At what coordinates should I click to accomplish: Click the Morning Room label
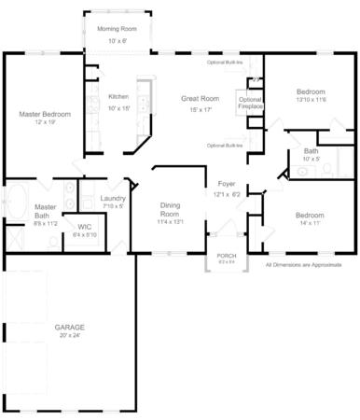click(x=117, y=29)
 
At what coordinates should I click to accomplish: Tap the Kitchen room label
click(x=118, y=96)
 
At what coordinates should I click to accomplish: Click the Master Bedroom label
click(x=44, y=114)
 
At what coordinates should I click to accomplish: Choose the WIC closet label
click(x=84, y=226)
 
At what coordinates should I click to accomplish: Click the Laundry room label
click(x=114, y=198)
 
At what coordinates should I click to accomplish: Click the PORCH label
click(x=227, y=255)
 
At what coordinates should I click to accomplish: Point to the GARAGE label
click(x=69, y=328)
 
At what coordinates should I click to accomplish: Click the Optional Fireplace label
click(x=250, y=103)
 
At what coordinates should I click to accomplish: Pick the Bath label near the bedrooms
click(x=310, y=151)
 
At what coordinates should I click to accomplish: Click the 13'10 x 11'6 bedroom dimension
click(x=311, y=100)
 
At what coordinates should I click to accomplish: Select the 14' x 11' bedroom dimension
click(x=310, y=224)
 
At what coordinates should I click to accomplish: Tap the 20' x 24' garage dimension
click(x=69, y=337)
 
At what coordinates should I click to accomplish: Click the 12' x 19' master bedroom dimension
click(x=44, y=122)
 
